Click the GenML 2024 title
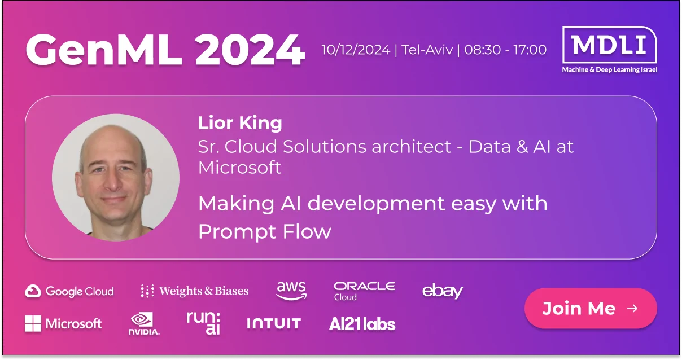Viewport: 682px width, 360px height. click(165, 50)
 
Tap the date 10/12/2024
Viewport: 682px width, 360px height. click(356, 50)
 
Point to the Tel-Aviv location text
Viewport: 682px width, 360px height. click(427, 50)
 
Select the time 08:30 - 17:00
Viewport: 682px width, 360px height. click(505, 50)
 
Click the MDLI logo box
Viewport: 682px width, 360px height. click(609, 45)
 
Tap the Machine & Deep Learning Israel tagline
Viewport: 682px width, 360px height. click(609, 70)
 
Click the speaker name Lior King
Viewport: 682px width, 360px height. click(240, 123)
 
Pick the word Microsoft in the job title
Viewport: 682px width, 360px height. click(239, 168)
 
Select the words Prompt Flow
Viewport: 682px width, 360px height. click(265, 232)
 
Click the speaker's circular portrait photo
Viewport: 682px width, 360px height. click(116, 177)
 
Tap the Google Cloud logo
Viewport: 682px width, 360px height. click(69, 291)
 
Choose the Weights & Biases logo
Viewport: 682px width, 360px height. click(194, 291)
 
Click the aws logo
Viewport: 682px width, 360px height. click(291, 291)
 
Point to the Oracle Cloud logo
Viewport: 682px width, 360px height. click(365, 291)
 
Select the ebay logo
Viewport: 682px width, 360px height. click(443, 291)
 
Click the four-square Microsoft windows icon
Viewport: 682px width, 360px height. click(33, 323)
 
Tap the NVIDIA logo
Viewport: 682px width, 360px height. click(144, 324)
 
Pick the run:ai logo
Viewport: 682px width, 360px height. click(203, 323)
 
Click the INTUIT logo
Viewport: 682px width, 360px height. click(274, 323)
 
